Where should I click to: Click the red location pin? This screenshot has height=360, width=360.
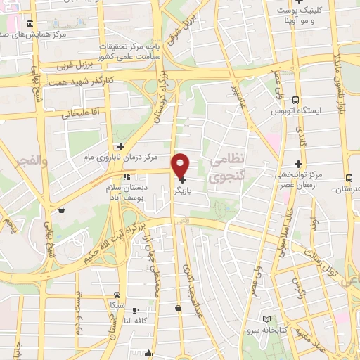click(181, 165)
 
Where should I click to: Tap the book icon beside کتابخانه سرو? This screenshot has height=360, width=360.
click(266, 320)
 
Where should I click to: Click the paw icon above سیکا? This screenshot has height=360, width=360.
click(117, 295)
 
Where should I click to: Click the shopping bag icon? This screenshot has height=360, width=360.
click(63, 210)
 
